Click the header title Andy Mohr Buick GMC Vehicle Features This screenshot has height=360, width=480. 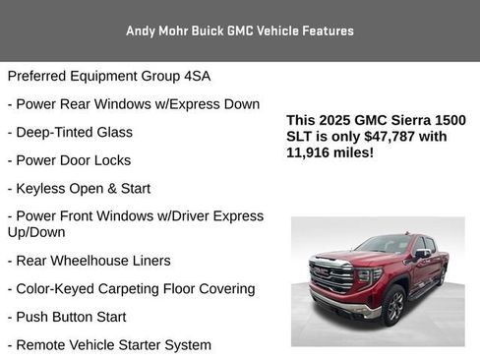point(240,30)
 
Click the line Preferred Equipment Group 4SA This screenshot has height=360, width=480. point(108,76)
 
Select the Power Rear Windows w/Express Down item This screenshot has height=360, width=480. point(133,104)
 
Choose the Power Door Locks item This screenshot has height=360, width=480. point(68,160)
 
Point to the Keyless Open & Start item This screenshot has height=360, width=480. point(79,188)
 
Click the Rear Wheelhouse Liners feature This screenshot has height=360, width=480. point(89,261)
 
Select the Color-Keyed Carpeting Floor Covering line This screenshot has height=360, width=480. point(131,289)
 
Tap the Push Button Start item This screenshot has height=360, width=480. point(66,317)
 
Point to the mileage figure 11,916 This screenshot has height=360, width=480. point(310,153)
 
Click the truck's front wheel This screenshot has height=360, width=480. point(392,305)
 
